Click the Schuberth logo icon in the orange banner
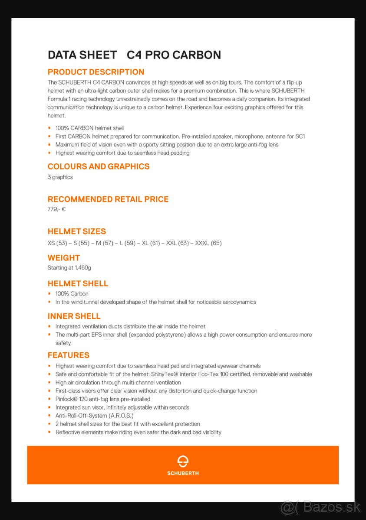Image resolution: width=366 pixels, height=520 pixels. click(183, 461)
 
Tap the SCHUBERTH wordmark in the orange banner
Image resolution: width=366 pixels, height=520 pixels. click(183, 473)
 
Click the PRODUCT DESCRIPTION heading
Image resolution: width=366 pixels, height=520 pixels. click(96, 72)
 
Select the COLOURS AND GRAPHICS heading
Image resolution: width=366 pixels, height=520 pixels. click(99, 166)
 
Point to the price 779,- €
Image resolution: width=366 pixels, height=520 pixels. click(56, 209)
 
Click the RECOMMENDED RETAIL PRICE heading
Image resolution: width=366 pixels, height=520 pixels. click(108, 199)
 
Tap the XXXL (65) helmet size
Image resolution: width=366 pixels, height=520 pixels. click(208, 243)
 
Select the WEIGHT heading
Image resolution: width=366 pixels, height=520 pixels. click(64, 258)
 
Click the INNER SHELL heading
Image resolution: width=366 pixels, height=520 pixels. click(74, 316)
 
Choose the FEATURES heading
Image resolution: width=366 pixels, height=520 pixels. click(69, 355)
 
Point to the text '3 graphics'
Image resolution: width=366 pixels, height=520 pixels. click(60, 177)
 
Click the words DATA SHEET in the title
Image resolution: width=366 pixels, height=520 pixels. click(82, 55)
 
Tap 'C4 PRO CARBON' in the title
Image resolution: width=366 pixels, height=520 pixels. click(174, 55)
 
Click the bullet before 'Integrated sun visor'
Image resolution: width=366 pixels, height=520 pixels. click(49, 407)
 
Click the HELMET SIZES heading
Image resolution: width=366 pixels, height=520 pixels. click(77, 231)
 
